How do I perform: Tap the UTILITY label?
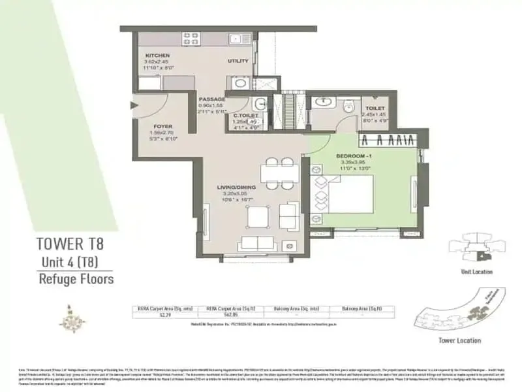238,61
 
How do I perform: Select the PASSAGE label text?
212,99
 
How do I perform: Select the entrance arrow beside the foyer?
135,104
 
